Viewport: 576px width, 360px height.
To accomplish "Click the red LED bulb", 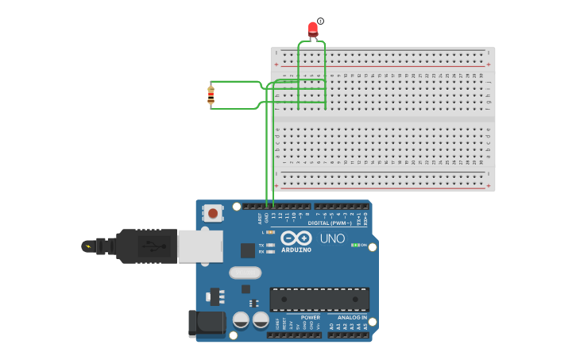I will (313, 29).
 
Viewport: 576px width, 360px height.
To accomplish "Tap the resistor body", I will (211, 95).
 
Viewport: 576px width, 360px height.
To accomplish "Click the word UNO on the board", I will (332, 238).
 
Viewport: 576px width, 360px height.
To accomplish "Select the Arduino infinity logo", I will (296, 238).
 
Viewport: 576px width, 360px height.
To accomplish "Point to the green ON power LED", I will (354, 245).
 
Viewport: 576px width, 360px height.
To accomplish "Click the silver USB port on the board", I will (199, 246).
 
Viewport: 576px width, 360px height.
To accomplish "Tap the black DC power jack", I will (206, 323).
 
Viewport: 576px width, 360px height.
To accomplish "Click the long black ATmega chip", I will (319, 299).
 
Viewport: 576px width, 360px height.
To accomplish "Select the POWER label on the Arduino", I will (310, 317).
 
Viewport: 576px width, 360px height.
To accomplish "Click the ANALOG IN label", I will (346, 317).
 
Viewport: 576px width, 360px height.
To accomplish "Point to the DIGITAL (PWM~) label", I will (330, 223).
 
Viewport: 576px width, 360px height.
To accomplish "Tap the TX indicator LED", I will (271, 245).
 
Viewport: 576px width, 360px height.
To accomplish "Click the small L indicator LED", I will (271, 232).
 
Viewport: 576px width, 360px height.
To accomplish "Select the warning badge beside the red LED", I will (320, 21).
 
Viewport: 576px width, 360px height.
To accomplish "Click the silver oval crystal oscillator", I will (245, 273).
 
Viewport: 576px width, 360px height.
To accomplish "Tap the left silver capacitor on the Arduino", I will (241, 320).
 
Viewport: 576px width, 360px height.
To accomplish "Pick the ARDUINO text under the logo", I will (296, 250).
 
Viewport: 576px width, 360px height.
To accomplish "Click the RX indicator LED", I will (271, 251).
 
